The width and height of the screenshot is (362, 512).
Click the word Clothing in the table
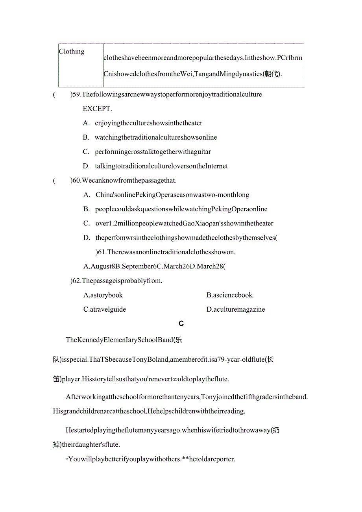(x=72, y=52)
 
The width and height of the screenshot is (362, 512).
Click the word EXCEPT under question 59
(x=97, y=109)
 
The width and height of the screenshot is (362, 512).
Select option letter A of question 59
(x=86, y=123)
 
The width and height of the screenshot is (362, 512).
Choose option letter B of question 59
(x=86, y=137)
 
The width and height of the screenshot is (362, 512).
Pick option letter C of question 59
(x=86, y=152)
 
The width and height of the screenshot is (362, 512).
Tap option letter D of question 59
(x=86, y=166)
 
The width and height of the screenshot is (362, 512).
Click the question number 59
(x=77, y=94)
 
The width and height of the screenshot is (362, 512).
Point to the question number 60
(x=77, y=181)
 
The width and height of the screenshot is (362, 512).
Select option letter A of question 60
(x=87, y=195)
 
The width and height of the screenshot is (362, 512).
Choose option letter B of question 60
(x=87, y=209)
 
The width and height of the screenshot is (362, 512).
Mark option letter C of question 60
(x=87, y=224)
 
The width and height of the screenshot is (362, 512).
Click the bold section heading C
(x=181, y=324)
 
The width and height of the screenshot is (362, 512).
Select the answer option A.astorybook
(x=103, y=295)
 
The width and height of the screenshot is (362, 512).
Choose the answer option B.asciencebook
(x=229, y=295)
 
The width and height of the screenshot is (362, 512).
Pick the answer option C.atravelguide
(x=105, y=309)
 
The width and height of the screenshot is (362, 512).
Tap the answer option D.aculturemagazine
(x=236, y=309)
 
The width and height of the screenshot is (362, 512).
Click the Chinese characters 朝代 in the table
(x=270, y=74)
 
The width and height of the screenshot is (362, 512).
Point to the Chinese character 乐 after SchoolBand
(x=178, y=340)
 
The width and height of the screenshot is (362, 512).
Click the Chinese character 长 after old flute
(x=270, y=359)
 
